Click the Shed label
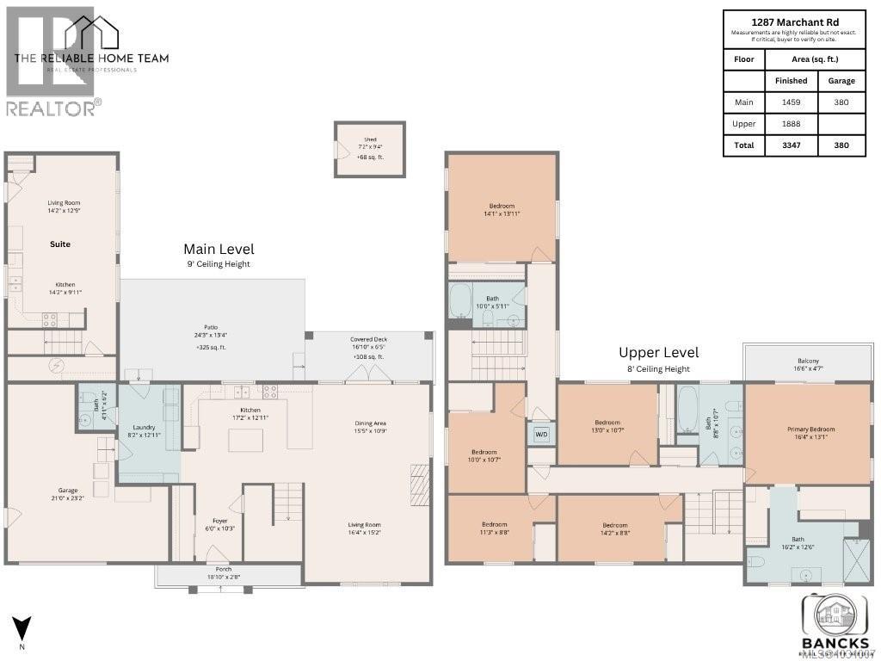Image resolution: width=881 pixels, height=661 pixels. (x=370, y=139)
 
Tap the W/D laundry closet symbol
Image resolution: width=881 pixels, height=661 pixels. (x=542, y=434)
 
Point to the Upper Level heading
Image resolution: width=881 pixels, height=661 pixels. (x=659, y=352)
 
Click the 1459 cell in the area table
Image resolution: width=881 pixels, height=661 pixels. (x=791, y=102)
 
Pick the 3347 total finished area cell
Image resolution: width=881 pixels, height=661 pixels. (x=791, y=145)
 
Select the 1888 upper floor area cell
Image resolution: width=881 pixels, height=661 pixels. (x=791, y=124)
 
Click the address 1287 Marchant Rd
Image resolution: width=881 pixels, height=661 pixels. (x=794, y=22)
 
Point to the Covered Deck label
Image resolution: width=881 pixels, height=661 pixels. (x=368, y=339)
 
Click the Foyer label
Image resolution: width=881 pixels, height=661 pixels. (x=220, y=520)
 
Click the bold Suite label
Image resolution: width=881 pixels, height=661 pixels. (x=60, y=244)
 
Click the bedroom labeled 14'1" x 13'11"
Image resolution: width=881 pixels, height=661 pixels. (x=502, y=206)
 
